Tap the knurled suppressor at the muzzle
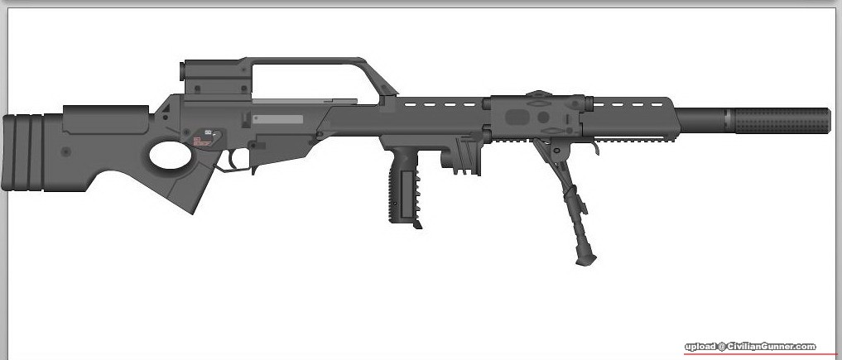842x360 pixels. pyautogui.click(x=782, y=121)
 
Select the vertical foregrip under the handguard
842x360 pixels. pyautogui.click(x=402, y=188)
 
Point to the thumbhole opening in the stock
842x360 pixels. pyautogui.click(x=171, y=155)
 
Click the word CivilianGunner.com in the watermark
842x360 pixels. pyautogui.click(x=772, y=347)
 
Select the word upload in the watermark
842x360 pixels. pyautogui.click(x=700, y=347)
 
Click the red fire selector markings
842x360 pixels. pyautogui.click(x=201, y=142)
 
